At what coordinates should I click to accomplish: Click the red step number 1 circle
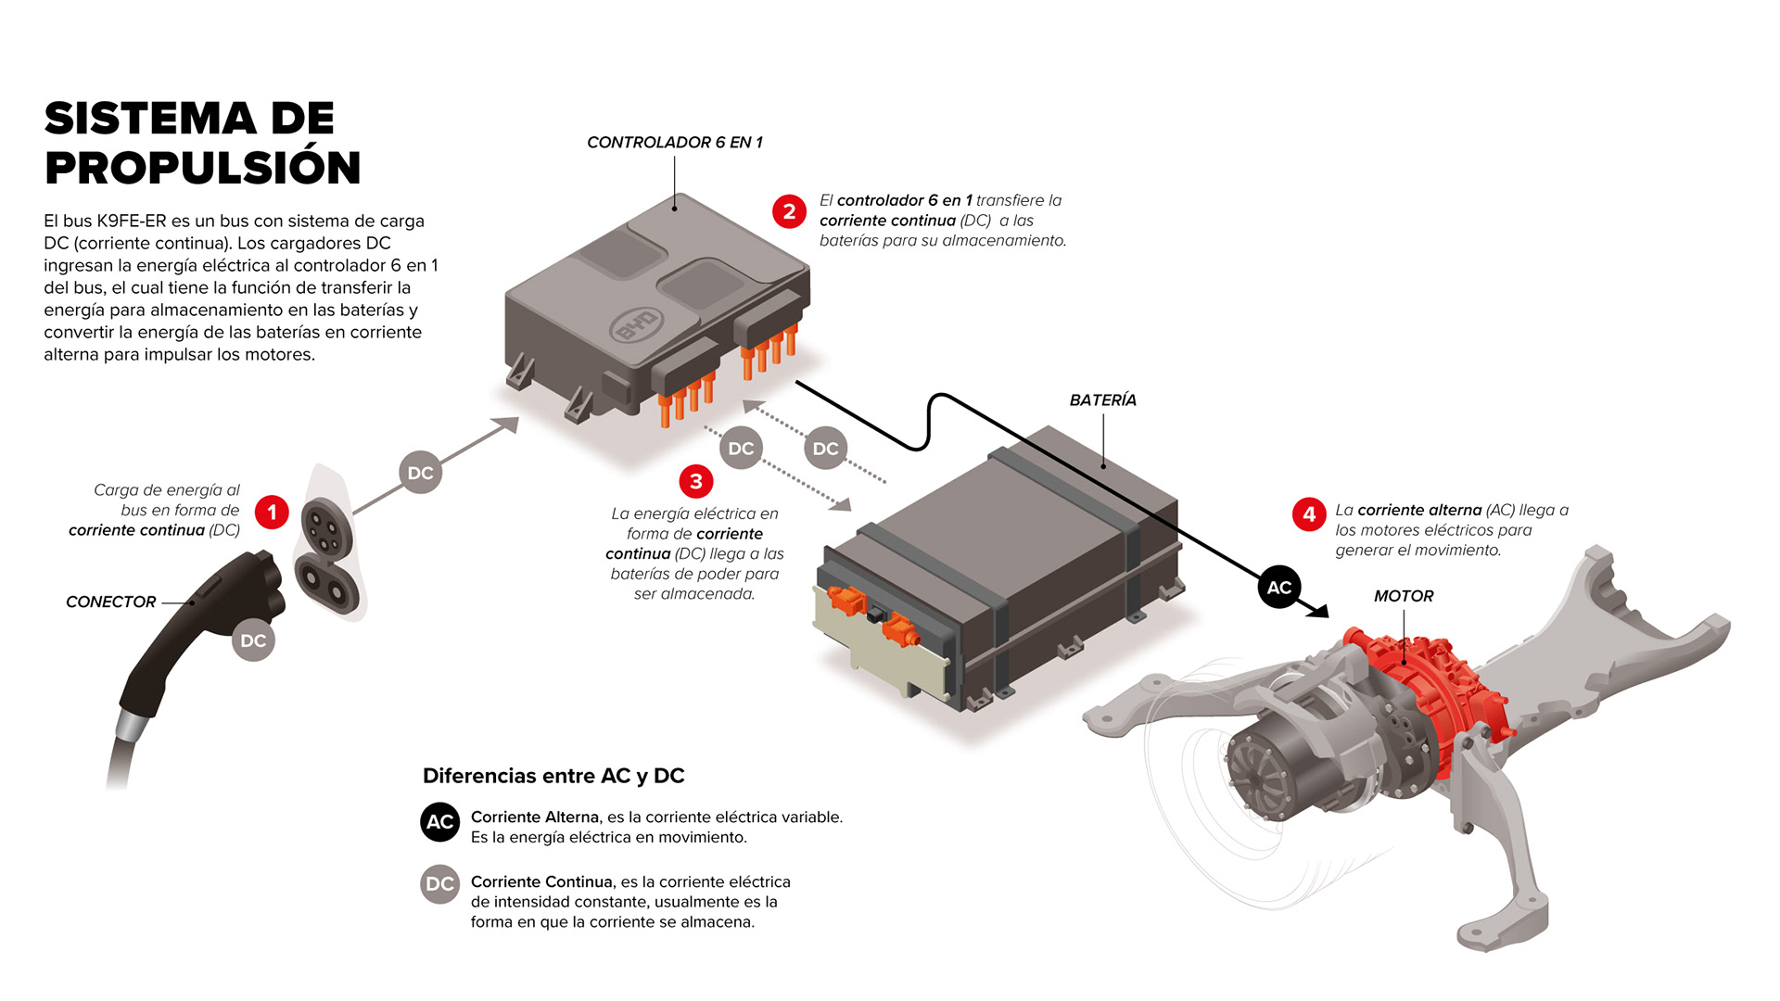pyautogui.click(x=272, y=512)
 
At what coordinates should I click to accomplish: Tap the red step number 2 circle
pyautogui.click(x=789, y=211)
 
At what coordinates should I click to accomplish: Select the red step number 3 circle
pyautogui.click(x=696, y=481)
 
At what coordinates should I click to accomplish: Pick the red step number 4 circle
pyautogui.click(x=1309, y=513)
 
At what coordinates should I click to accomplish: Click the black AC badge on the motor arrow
pyautogui.click(x=1279, y=588)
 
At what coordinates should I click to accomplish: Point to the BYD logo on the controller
pyautogui.click(x=637, y=325)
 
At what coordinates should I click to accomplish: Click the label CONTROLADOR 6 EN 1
pyautogui.click(x=674, y=143)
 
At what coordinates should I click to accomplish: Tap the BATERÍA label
pyautogui.click(x=1102, y=400)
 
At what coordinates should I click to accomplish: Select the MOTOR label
pyautogui.click(x=1404, y=597)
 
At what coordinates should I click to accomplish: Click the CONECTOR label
pyautogui.click(x=111, y=602)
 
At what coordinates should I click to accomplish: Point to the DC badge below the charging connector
pyautogui.click(x=253, y=640)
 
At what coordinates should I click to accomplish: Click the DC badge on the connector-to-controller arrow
pyautogui.click(x=420, y=473)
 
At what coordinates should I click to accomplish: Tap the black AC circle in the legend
pyautogui.click(x=439, y=822)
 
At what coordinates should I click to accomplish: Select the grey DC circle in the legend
pyautogui.click(x=439, y=884)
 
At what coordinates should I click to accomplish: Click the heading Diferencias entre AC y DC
pyautogui.click(x=553, y=776)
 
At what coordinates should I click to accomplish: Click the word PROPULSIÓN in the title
pyautogui.click(x=202, y=168)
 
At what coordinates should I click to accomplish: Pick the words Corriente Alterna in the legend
pyautogui.click(x=535, y=817)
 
